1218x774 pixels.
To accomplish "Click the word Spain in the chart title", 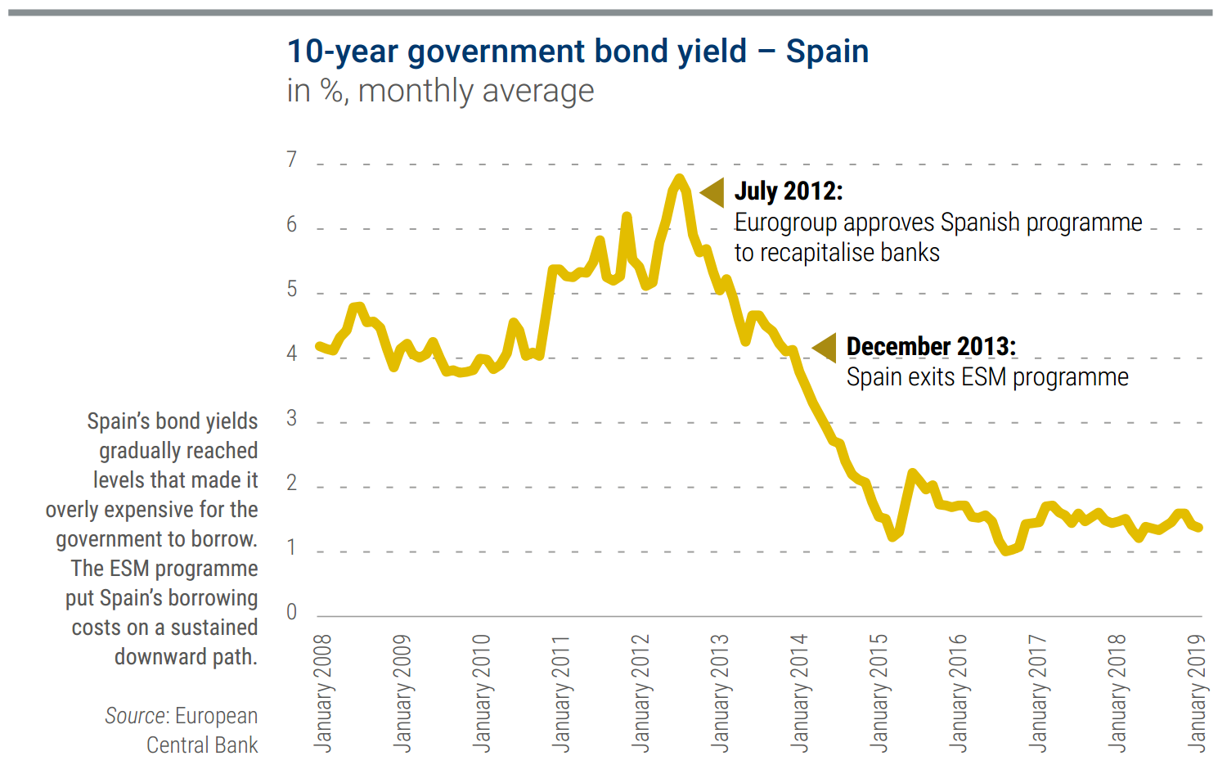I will click(x=827, y=52).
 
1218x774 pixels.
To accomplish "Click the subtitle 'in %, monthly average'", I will click(x=440, y=91).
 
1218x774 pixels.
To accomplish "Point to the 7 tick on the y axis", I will click(x=292, y=160).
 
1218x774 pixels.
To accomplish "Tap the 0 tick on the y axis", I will click(x=292, y=612).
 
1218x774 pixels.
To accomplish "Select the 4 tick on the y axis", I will click(x=292, y=353).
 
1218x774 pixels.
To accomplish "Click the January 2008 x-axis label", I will click(x=323, y=692).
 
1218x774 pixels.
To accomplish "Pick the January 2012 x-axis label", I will click(x=640, y=692).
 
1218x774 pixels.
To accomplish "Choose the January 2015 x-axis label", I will click(x=879, y=692).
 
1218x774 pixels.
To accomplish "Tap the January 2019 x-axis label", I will click(x=1196, y=692).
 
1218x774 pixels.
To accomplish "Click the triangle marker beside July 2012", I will click(x=713, y=192).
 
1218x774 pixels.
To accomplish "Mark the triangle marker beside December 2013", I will click(x=825, y=347).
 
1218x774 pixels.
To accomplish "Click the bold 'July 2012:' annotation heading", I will click(x=789, y=191).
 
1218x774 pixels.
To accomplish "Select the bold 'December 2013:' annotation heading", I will click(x=931, y=347).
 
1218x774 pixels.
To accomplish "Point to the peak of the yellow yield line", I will click(x=679, y=178).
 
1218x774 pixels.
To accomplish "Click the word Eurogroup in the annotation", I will click(x=785, y=223).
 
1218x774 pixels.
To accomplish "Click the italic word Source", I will click(x=136, y=716).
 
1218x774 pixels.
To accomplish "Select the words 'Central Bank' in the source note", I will click(x=202, y=745).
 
